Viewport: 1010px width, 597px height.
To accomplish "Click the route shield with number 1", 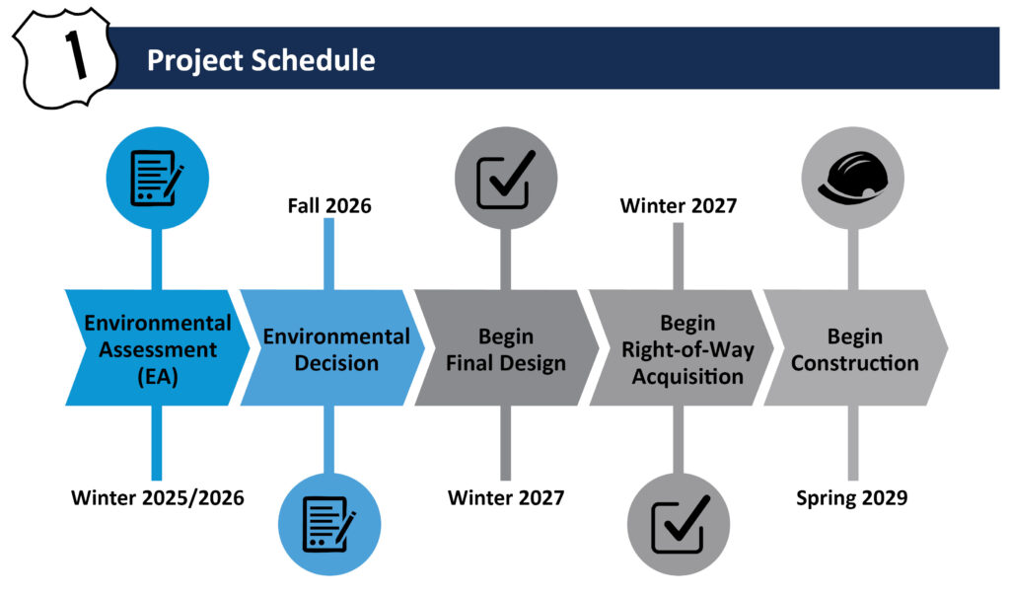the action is (64, 58).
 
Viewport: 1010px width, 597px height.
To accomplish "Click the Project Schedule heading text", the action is (260, 60).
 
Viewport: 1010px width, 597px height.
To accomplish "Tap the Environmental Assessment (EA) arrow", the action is (157, 347).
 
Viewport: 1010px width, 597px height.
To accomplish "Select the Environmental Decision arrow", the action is (332, 347).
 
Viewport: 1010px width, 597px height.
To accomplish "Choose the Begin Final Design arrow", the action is (507, 347).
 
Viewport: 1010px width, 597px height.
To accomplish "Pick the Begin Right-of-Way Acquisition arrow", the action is (682, 347).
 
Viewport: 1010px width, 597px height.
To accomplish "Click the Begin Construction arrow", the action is (856, 347).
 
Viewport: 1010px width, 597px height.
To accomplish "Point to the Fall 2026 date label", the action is (329, 205).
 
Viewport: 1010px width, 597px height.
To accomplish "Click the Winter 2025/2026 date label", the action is (158, 497).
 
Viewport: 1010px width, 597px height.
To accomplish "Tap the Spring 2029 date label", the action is (851, 497).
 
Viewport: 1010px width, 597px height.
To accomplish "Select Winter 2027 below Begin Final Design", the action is (506, 497).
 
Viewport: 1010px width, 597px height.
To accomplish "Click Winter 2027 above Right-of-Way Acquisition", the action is (679, 205).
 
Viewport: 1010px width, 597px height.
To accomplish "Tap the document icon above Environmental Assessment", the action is (157, 178).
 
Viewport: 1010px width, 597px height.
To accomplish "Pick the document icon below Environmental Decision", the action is (329, 524).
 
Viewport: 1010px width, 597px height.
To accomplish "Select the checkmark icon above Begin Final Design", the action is (506, 179).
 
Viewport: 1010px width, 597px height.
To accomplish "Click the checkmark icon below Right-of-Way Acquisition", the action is (679, 524).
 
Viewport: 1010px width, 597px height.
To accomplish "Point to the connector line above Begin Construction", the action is (853, 260).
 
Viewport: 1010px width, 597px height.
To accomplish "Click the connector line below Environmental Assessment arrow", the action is (157, 443).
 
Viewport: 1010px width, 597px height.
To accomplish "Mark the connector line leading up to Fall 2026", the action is (328, 254).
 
